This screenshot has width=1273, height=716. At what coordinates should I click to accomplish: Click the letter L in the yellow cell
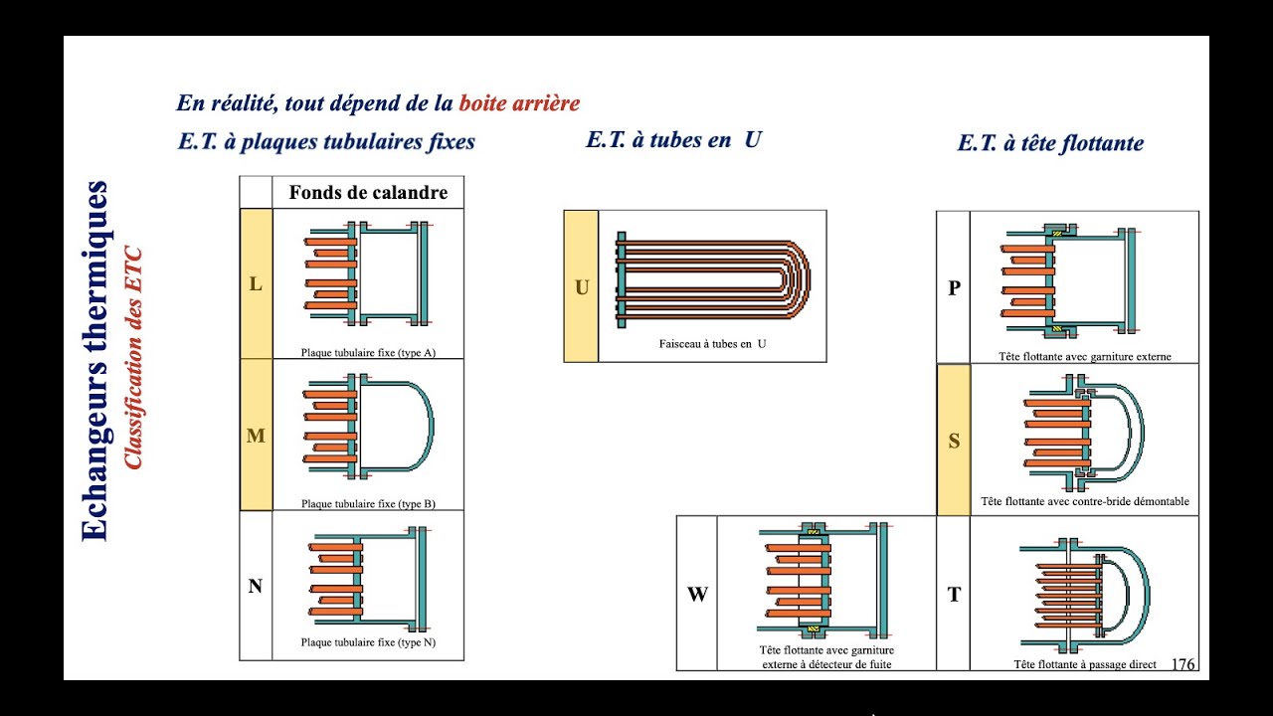(256, 283)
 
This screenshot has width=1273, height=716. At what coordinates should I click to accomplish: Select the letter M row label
(256, 436)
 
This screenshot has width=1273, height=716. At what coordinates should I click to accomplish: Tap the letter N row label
(256, 587)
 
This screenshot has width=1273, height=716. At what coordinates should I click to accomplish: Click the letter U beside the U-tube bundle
(582, 287)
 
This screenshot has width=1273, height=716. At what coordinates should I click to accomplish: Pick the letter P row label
(954, 288)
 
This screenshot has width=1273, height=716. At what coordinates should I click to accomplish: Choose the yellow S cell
(954, 440)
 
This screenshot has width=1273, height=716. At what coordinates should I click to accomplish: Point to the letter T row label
(954, 595)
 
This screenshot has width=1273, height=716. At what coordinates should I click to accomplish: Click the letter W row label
(697, 595)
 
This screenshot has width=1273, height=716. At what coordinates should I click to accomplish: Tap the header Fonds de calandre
(368, 192)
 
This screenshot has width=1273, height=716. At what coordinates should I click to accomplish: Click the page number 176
(1183, 664)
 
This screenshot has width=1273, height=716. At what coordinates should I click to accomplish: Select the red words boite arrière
(519, 102)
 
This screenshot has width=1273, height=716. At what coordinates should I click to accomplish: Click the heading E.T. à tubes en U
(673, 139)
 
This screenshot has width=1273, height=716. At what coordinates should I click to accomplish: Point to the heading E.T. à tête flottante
(1050, 143)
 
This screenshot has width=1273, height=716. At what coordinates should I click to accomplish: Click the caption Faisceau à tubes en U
(712, 344)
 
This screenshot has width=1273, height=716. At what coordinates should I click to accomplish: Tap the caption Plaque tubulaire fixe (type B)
(368, 504)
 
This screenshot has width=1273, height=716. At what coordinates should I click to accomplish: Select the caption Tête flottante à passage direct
(1084, 664)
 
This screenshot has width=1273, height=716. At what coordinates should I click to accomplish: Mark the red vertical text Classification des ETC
(133, 358)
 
